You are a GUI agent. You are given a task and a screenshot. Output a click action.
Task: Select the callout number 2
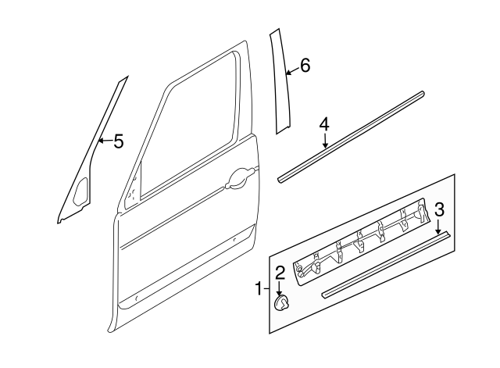[279, 272]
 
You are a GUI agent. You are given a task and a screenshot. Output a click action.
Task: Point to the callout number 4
[324, 124]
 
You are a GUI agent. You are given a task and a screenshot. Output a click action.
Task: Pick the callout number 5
[118, 141]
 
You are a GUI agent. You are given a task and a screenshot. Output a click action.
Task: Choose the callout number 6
[305, 66]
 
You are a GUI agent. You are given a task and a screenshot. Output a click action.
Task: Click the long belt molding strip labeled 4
[352, 137]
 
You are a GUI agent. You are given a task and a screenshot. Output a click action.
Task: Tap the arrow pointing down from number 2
[279, 288]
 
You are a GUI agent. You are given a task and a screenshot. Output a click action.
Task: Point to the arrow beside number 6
[291, 73]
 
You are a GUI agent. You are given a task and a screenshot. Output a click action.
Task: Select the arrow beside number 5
[105, 141]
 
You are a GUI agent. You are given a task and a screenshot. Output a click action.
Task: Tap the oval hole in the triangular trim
[80, 191]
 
